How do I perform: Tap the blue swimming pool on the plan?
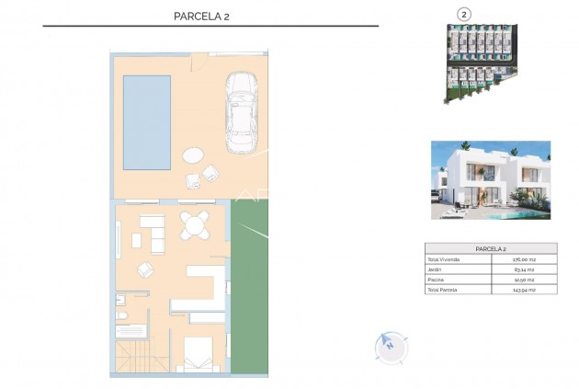pos(147,122)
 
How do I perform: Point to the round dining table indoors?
pos(194,224)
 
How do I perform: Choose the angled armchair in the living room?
pos(146,269)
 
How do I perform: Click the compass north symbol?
pos(390,347)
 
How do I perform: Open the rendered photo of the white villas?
pos(491,180)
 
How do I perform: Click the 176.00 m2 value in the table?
pos(524,260)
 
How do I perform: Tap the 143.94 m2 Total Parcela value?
pos(524,290)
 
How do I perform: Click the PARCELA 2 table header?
pos(491,248)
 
